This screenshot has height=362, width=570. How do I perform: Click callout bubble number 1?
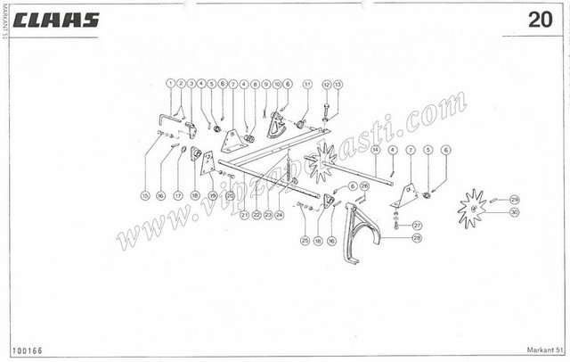pyautogui.click(x=169, y=83)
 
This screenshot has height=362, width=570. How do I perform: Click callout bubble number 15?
pyautogui.click(x=145, y=194)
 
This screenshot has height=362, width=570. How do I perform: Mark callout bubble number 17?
pyautogui.click(x=177, y=194)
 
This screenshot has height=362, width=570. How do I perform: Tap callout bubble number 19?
pyautogui.click(x=212, y=194)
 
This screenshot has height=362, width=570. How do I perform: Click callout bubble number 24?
pyautogui.click(x=279, y=215)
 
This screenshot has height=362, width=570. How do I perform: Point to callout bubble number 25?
pyautogui.click(x=305, y=241)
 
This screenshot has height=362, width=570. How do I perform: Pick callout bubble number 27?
pyautogui.click(x=417, y=226)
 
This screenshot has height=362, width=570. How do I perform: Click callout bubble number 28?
pyautogui.click(x=417, y=239)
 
